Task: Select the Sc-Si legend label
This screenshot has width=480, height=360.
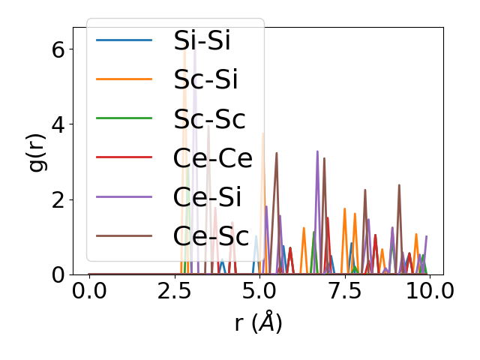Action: click(x=203, y=79)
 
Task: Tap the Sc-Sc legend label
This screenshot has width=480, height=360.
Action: click(x=209, y=118)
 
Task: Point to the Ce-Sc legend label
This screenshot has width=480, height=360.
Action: click(x=211, y=235)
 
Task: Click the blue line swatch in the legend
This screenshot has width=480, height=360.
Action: click(x=124, y=40)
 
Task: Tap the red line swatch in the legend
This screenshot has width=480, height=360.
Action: click(x=124, y=157)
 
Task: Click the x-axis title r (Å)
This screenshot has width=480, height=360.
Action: click(x=258, y=322)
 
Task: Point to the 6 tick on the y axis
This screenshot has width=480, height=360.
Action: click(x=58, y=49)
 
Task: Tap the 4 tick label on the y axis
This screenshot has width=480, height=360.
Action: click(x=58, y=124)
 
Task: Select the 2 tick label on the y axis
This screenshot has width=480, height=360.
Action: click(x=58, y=199)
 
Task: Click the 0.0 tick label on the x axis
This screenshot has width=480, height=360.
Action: click(x=89, y=291)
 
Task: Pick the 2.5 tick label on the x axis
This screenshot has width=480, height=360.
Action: click(x=174, y=291)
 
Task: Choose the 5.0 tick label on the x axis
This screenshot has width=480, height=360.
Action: click(x=259, y=291)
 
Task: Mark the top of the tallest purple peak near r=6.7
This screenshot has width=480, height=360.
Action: click(x=317, y=151)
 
